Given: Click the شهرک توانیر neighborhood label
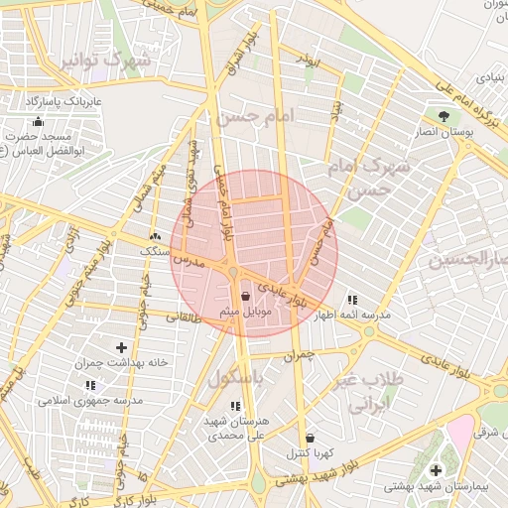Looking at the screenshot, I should pos(106,62).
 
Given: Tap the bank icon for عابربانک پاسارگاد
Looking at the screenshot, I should pos(39,121).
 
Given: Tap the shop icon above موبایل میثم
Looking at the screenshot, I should pos(245,296).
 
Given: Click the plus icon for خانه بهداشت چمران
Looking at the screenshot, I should pos(121,347).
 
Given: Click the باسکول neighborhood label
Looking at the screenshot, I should pos(238,379).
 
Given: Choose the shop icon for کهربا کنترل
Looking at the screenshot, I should pos(310,437).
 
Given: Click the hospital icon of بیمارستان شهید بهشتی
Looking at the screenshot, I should pos(436,468).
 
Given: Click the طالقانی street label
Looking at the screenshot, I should pos(183,318).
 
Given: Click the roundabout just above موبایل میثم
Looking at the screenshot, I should pos(234,272).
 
